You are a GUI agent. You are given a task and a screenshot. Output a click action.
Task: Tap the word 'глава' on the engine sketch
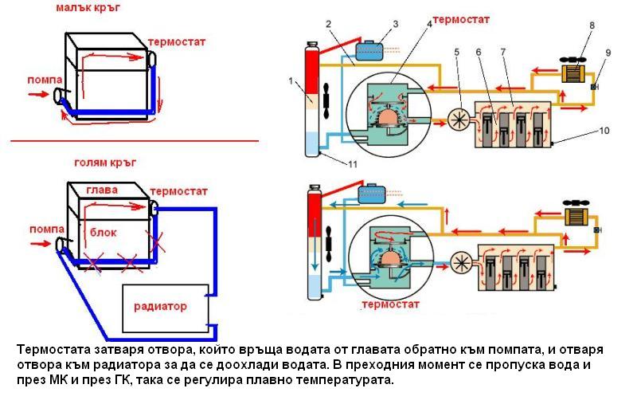click(104, 190)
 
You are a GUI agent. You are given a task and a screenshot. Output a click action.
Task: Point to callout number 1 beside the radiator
click(292, 80)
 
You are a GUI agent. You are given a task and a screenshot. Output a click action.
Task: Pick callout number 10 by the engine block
click(604, 129)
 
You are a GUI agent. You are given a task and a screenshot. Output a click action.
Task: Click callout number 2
click(328, 25)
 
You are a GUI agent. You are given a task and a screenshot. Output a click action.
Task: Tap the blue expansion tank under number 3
click(370, 49)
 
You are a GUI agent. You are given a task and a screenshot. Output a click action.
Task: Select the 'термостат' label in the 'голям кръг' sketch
click(178, 192)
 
